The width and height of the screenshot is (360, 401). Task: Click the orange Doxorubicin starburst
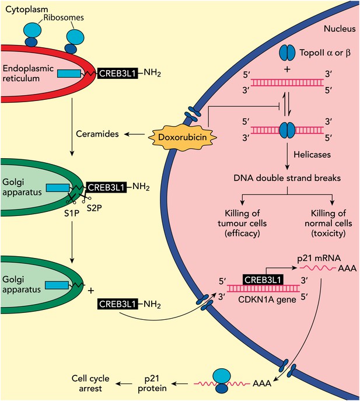click(x=182, y=137)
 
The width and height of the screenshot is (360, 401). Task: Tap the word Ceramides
click(x=97, y=134)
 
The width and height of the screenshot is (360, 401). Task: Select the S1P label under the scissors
click(x=71, y=213)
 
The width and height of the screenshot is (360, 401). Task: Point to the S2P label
click(x=94, y=208)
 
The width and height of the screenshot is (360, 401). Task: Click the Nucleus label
click(x=340, y=29)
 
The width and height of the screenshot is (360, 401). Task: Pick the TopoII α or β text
click(x=325, y=53)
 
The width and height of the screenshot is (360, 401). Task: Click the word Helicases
click(x=312, y=155)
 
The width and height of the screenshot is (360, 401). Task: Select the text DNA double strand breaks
click(x=287, y=178)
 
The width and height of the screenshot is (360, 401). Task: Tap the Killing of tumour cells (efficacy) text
click(x=242, y=223)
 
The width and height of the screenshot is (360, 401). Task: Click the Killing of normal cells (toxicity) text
click(x=328, y=223)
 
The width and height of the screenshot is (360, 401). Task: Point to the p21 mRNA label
click(x=319, y=259)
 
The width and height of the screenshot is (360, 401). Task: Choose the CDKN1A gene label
click(x=267, y=299)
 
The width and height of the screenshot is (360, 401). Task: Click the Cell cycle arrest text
click(x=90, y=383)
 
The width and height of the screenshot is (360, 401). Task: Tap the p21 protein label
click(x=152, y=383)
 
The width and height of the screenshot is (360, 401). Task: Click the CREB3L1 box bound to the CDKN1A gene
click(x=263, y=280)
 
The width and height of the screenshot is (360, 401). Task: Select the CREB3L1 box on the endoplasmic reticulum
click(x=117, y=74)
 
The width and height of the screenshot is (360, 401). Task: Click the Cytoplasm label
click(x=27, y=9)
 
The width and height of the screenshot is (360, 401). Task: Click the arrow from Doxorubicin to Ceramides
click(x=135, y=134)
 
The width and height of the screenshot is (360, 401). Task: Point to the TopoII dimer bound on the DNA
click(x=287, y=130)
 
